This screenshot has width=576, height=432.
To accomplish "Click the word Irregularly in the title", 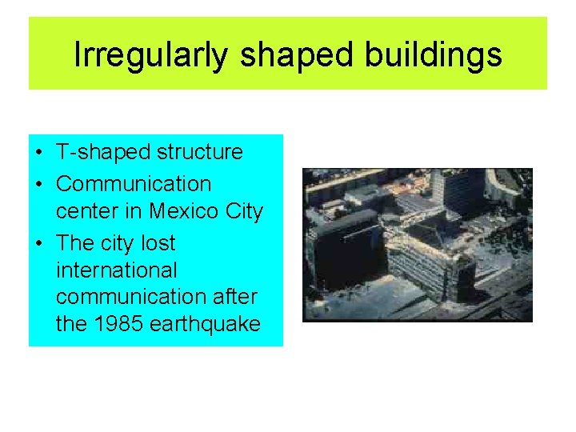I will [x=152, y=54].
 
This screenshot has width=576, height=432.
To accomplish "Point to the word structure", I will [x=201, y=152].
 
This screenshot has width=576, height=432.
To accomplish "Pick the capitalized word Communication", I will [x=134, y=183].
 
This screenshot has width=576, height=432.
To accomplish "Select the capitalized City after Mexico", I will [x=244, y=212].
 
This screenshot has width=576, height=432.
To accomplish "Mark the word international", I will [x=117, y=270].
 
